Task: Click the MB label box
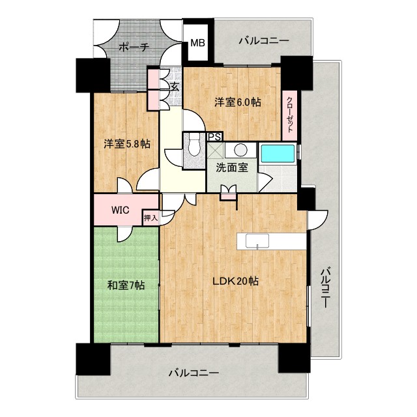pyautogui.click(x=196, y=44)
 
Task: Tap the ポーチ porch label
pyautogui.click(x=135, y=47)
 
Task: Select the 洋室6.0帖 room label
pyautogui.click(x=238, y=102)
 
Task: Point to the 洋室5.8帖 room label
pyautogui.click(x=125, y=144)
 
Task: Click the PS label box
pyautogui.click(x=214, y=137)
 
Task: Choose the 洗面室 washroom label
pyautogui.click(x=233, y=166)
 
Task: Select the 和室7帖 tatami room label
pyautogui.click(x=126, y=285)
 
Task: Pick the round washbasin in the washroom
pyautogui.click(x=240, y=149)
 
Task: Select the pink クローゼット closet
pyautogui.click(x=289, y=118)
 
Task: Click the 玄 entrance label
pyautogui.click(x=175, y=85)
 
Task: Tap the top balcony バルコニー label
pyautogui.click(x=263, y=41)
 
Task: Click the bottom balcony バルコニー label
pyautogui.click(x=193, y=374)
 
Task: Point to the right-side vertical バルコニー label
pyautogui.click(x=325, y=287)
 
